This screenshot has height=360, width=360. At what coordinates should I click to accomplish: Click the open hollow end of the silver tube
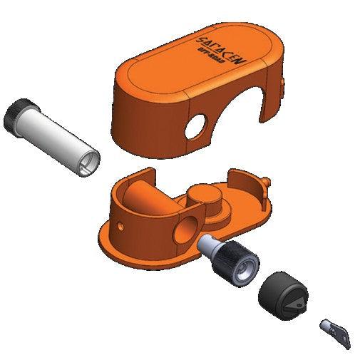(x=88, y=162)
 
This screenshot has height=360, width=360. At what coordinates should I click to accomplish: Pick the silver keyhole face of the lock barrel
(x=244, y=273)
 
